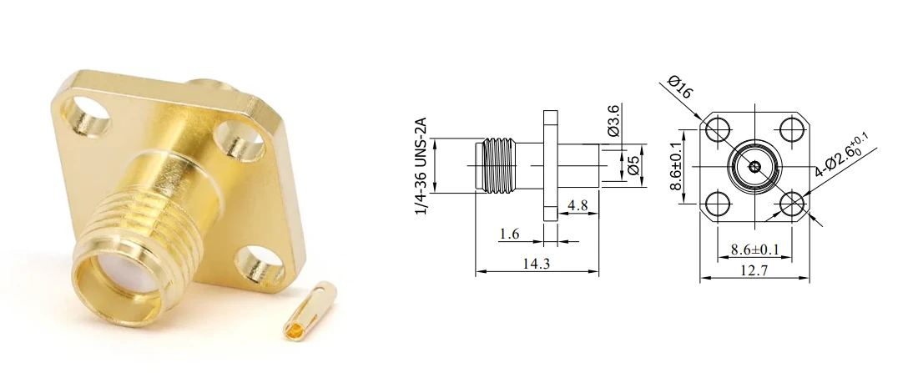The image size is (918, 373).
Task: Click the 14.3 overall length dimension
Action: click(x=537, y=264)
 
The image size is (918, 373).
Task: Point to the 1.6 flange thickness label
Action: click(x=509, y=234)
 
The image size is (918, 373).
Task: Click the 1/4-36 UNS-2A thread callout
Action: click(x=421, y=166)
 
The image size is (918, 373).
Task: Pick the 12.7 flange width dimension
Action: click(x=754, y=270)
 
